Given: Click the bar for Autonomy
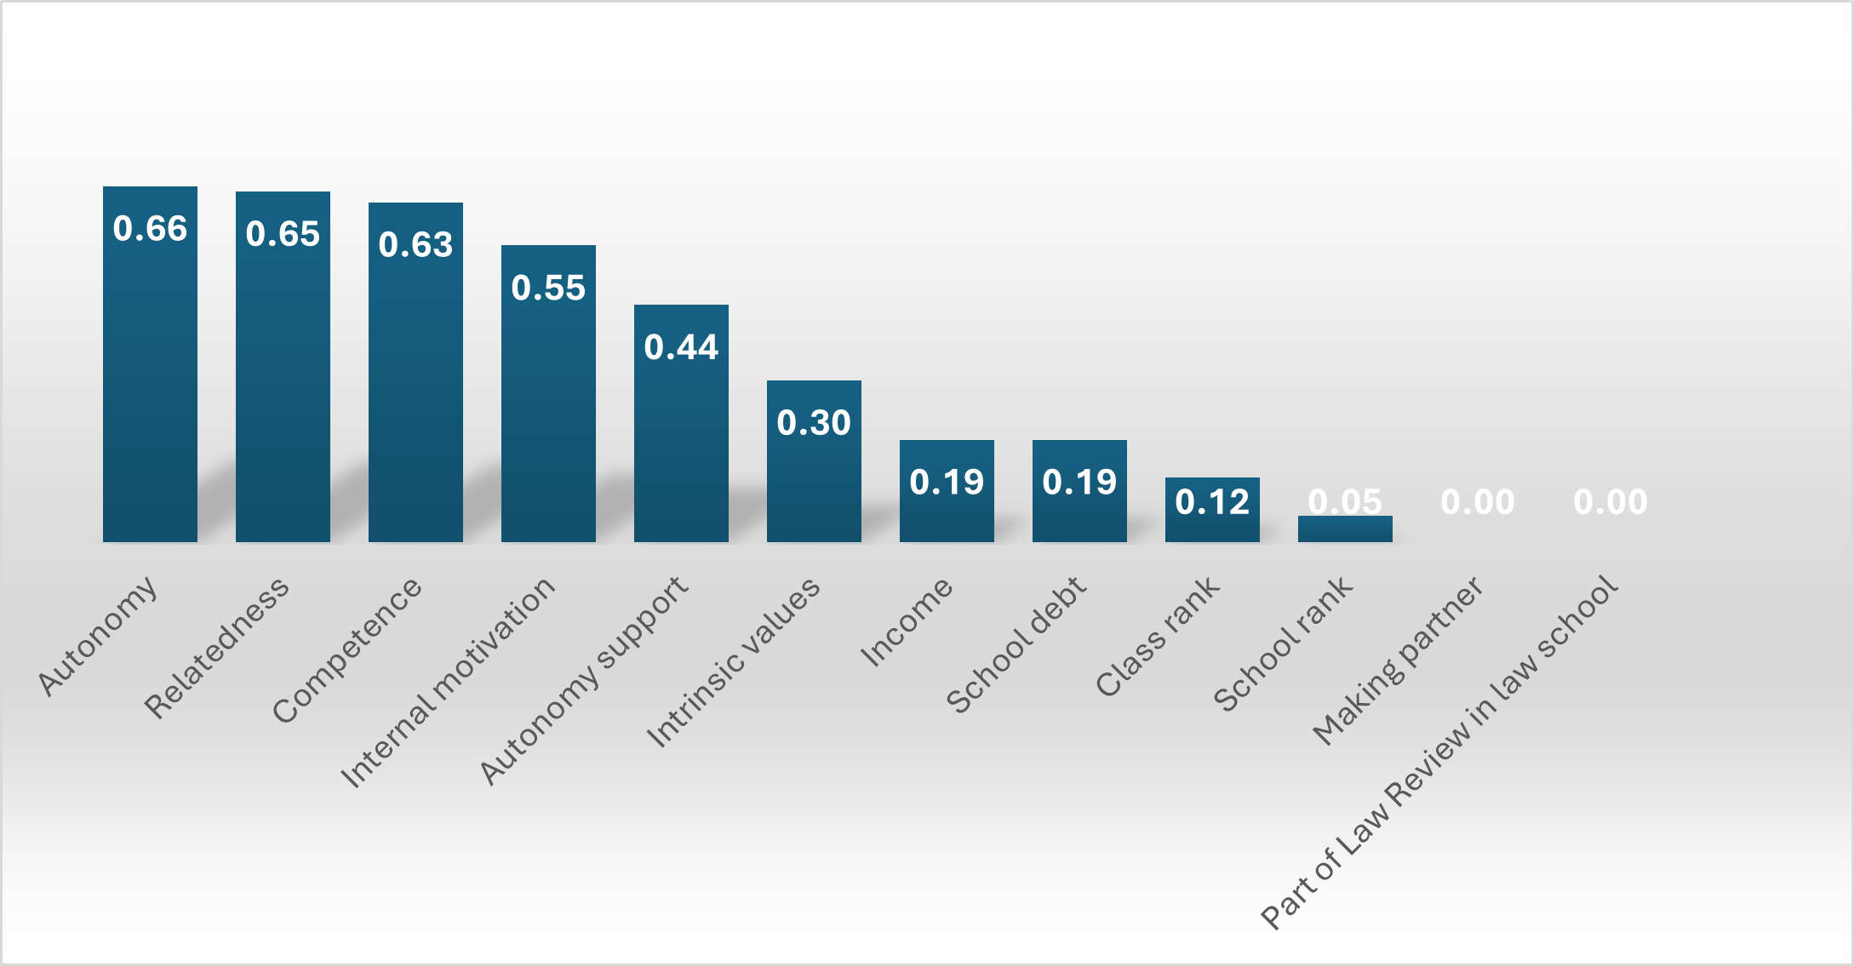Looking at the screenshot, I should (150, 383).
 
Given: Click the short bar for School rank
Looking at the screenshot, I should (1345, 529).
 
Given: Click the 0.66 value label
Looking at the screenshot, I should (150, 229).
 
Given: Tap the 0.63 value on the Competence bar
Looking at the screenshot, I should (415, 245).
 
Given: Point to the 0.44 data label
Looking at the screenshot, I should (681, 347).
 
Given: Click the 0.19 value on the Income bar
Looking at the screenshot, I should (947, 483).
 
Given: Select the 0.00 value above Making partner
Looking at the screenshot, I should (1478, 502).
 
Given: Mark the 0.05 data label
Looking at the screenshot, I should (1345, 501).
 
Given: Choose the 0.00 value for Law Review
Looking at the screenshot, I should (1611, 502).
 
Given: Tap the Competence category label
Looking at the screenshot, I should (347, 650).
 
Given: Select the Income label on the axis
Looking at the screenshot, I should (907, 621).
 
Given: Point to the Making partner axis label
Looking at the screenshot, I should (1398, 660).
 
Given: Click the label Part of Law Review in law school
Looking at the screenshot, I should (1439, 752).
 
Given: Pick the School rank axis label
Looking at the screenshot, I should (1283, 644).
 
